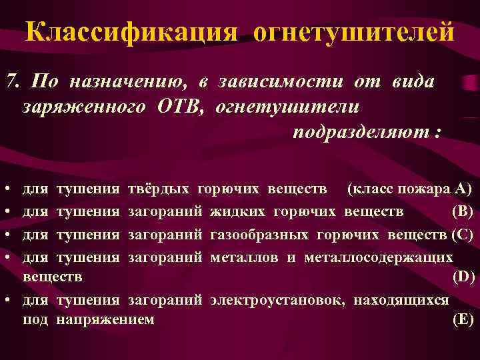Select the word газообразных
259,234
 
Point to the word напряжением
106,319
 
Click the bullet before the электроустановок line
6,300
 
